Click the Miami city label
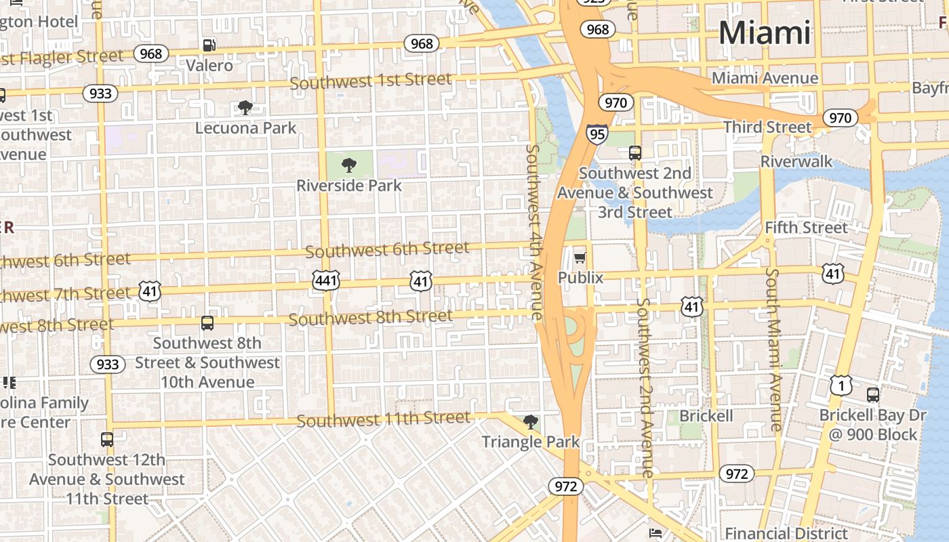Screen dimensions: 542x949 pos(764,33)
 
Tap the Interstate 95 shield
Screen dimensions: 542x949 pos(597,134)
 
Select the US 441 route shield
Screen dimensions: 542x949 pos(326,280)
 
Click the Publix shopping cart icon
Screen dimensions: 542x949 pos(580,257)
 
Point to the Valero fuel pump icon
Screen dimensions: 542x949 pos(209,45)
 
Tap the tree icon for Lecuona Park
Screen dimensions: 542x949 pos(245,108)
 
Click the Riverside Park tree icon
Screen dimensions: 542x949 pos(349,165)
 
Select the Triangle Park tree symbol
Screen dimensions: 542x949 pos(531,422)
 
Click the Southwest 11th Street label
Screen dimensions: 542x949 pos(383,419)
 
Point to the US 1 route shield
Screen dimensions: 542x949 pos(841,386)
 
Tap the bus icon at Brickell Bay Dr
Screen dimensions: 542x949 pos(873,394)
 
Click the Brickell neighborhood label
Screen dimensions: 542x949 pos(706,415)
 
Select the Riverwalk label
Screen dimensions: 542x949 pos(796,161)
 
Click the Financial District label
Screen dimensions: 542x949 pos(786,533)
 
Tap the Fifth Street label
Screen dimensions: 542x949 pos(806,228)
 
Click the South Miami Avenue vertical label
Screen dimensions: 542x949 pos(773,349)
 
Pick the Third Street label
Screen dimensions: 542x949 pos(767,127)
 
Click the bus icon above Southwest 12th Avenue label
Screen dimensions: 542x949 pos(107,440)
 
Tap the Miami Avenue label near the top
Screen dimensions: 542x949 pos(765,78)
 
